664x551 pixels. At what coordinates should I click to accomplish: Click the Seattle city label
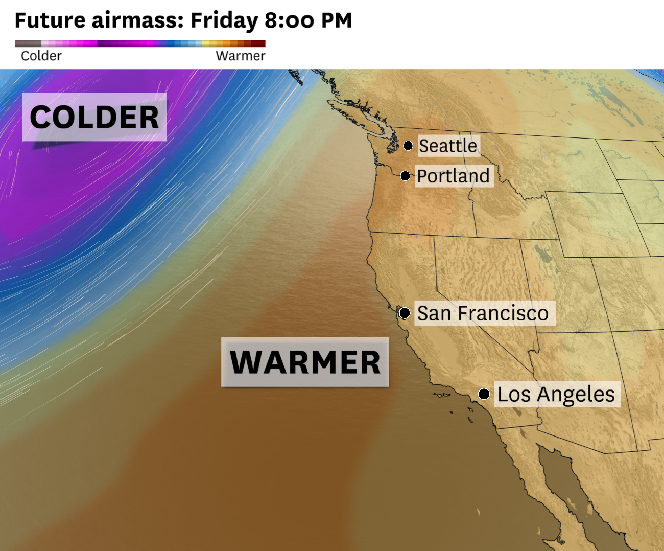click(x=448, y=146)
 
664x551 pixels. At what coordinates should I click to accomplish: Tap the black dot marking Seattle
click(x=408, y=146)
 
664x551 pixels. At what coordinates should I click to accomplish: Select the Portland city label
click(x=453, y=176)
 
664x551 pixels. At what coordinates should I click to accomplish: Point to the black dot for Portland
click(x=405, y=176)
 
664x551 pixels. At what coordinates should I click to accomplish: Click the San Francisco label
click(x=483, y=313)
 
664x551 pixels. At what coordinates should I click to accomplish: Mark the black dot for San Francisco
click(x=405, y=313)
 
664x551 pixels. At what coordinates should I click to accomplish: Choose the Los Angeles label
click(x=556, y=394)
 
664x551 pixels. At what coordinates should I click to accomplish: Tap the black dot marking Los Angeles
click(x=484, y=394)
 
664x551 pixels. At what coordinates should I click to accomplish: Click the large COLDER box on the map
click(x=94, y=117)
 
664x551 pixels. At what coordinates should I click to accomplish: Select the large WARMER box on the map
click(x=305, y=362)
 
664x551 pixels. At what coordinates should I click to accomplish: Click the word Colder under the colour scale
click(x=41, y=56)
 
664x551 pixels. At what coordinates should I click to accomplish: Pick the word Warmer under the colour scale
click(x=241, y=56)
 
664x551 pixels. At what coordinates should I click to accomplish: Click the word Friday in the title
click(x=224, y=21)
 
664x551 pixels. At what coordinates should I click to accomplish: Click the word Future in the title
click(x=50, y=21)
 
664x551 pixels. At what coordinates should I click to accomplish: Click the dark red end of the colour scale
click(x=259, y=44)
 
